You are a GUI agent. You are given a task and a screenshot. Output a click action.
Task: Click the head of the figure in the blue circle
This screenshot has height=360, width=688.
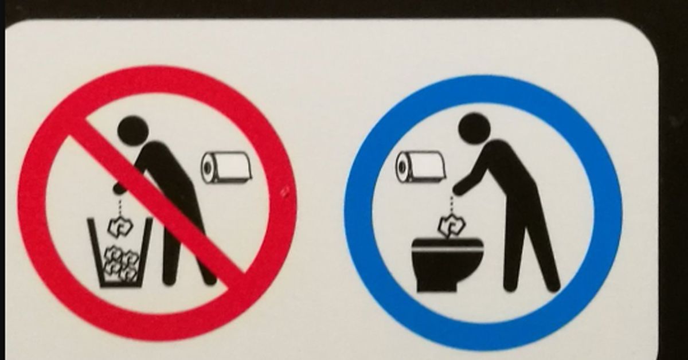[474, 126]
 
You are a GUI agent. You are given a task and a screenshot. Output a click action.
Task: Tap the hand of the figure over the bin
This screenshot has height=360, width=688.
[118, 188]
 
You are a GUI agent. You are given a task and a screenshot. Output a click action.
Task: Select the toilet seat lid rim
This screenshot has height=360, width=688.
[447, 242]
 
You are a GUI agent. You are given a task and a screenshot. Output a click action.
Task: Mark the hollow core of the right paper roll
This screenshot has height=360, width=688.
[403, 167]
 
